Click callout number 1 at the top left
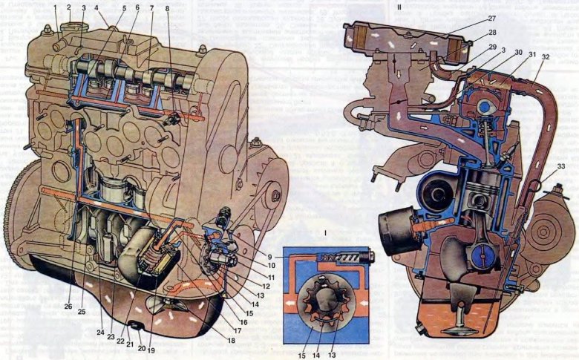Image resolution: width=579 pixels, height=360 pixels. [x=55, y=7]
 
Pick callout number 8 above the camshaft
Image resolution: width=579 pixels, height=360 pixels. [x=168, y=9]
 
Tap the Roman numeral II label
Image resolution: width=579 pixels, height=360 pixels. [x=400, y=7]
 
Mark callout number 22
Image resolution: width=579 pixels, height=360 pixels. [x=121, y=341]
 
